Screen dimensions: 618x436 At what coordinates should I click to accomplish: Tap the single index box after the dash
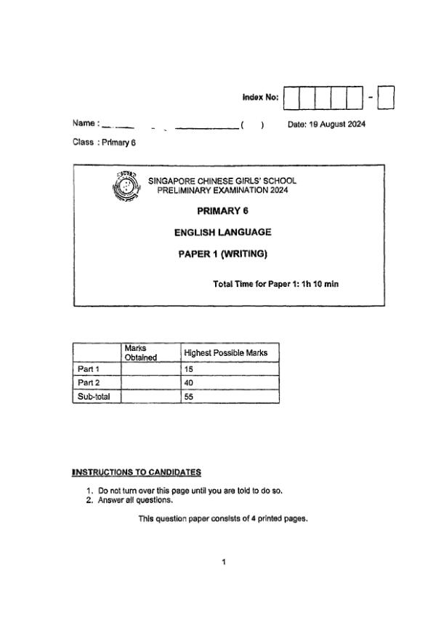pyautogui.click(x=386, y=98)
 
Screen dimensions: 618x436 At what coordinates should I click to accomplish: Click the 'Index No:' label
pyautogui.click(x=260, y=98)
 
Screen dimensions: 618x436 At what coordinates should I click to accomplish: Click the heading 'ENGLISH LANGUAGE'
pyautogui.click(x=222, y=232)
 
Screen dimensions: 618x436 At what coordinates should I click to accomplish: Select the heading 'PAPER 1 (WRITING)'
pyautogui.click(x=223, y=254)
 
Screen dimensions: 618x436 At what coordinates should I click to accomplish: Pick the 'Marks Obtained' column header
pyautogui.click(x=140, y=352)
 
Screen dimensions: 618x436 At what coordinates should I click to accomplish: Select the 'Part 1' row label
pyautogui.click(x=89, y=369)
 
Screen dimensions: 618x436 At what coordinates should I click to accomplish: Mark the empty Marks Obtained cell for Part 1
pyautogui.click(x=150, y=369)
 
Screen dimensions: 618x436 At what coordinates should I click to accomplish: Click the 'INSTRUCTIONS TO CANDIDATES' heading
pyautogui.click(x=136, y=473)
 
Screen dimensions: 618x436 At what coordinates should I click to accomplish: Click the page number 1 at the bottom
pyautogui.click(x=224, y=561)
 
